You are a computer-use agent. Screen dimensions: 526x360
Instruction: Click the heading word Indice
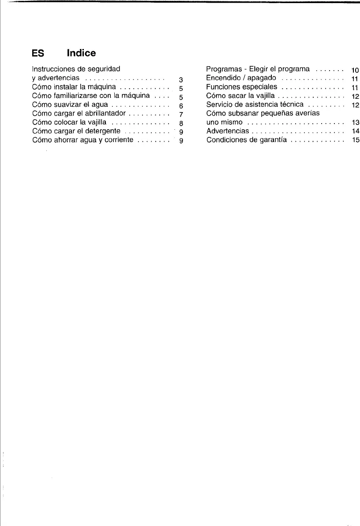point(81,53)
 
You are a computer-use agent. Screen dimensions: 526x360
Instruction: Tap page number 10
point(355,71)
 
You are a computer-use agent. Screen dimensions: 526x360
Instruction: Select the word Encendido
point(222,78)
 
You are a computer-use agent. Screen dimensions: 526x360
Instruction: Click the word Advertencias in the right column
point(228,131)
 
